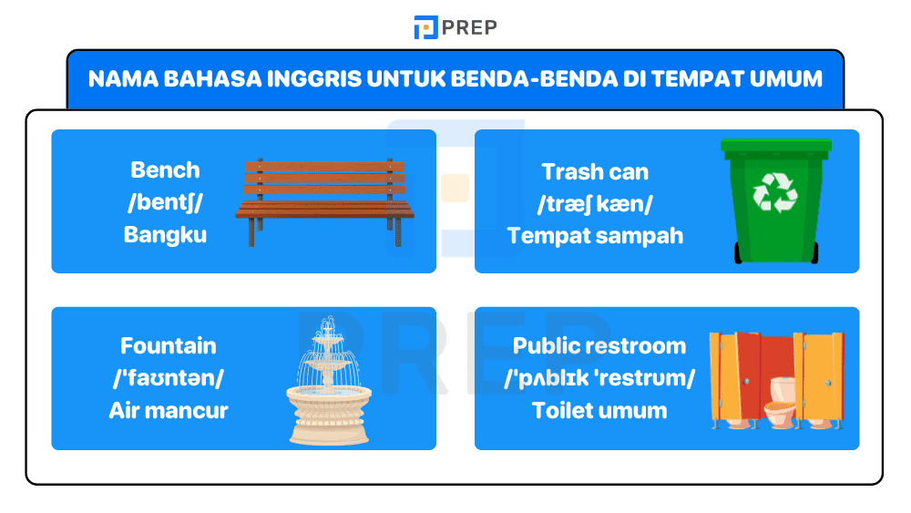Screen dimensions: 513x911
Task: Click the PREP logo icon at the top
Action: [x=425, y=27]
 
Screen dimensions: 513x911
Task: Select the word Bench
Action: [x=165, y=170]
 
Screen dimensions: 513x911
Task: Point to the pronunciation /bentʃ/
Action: [x=165, y=202]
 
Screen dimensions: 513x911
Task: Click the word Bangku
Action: [x=165, y=235]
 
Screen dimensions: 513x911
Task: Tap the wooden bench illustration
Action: [x=324, y=202]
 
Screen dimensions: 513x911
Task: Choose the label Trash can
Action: [x=595, y=171]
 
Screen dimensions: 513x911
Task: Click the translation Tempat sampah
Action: [x=595, y=236]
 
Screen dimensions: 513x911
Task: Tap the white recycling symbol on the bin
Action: [x=774, y=192]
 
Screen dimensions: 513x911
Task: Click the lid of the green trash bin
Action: [x=776, y=145]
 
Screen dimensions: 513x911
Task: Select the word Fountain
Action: [x=169, y=346]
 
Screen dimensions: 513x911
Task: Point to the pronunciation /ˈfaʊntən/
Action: [x=169, y=378]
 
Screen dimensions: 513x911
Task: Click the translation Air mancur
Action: [x=169, y=410]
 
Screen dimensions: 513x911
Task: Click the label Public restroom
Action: [x=599, y=346]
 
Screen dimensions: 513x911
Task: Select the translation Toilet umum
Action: [x=599, y=410]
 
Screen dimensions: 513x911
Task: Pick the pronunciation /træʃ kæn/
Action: [x=595, y=203]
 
